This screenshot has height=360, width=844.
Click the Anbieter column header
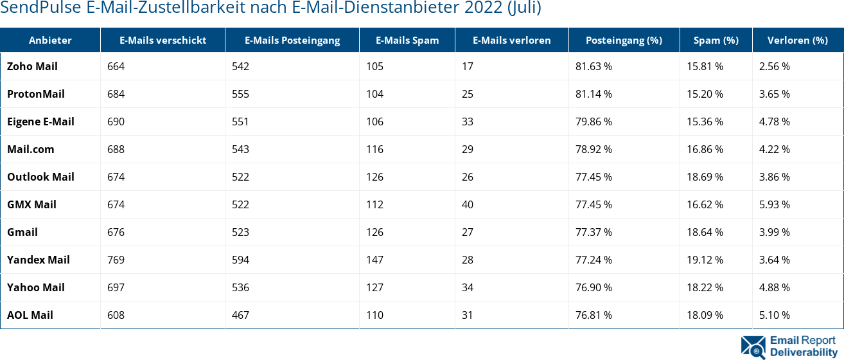(x=50, y=40)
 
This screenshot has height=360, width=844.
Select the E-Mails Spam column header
(x=407, y=40)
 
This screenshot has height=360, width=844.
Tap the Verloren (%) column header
(x=797, y=40)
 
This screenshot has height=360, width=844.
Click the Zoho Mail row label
(x=32, y=66)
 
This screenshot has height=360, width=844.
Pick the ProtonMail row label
(x=36, y=94)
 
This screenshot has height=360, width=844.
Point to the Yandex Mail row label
(x=39, y=260)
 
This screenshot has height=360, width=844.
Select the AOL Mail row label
(x=30, y=315)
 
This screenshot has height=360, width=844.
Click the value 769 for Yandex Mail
(x=116, y=260)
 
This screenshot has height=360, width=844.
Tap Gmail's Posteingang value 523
(x=240, y=232)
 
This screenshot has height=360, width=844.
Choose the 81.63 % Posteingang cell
(x=593, y=66)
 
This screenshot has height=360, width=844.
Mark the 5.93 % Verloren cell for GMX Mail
(x=774, y=204)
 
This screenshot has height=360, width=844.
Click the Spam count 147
(x=374, y=260)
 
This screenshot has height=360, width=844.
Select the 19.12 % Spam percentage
(x=705, y=260)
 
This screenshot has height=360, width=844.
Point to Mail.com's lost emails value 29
(x=468, y=149)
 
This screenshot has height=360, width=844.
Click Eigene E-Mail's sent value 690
(x=116, y=122)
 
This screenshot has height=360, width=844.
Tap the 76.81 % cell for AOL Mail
(x=593, y=315)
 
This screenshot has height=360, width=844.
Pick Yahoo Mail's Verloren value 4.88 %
(x=774, y=287)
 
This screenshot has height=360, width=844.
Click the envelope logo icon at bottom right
(x=753, y=346)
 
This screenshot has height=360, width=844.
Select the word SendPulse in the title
(x=40, y=8)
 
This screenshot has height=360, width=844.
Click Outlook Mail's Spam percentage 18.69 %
(x=705, y=177)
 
